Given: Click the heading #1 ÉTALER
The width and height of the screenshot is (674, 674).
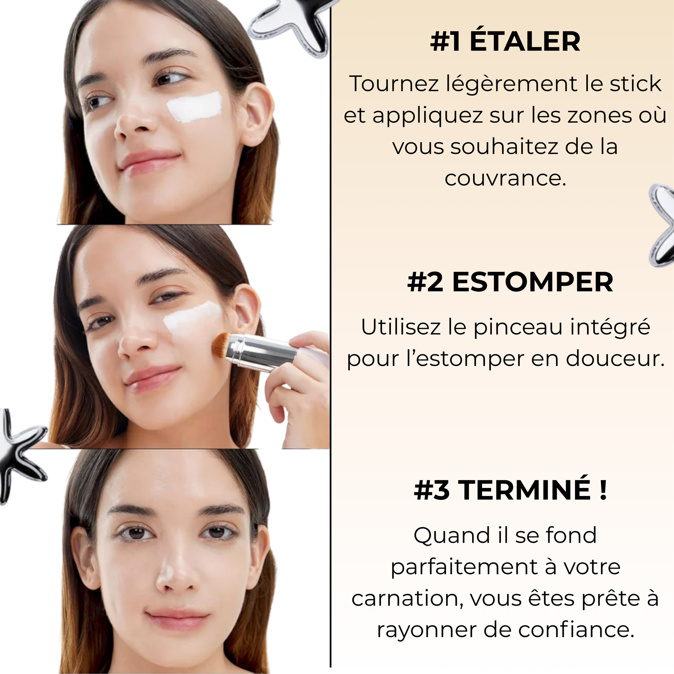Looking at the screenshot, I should [505, 42].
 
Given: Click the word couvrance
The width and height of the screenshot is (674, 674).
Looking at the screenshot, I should [505, 179].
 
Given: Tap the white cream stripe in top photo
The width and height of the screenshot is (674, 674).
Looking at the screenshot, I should [195, 107].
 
